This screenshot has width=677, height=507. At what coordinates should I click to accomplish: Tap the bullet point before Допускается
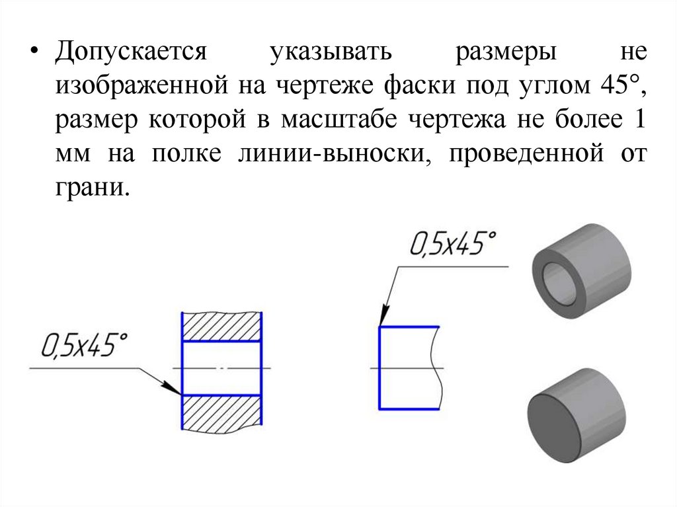35,53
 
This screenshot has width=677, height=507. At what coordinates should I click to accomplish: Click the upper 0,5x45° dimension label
454,245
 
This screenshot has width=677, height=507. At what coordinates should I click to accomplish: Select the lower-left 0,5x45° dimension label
84,346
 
